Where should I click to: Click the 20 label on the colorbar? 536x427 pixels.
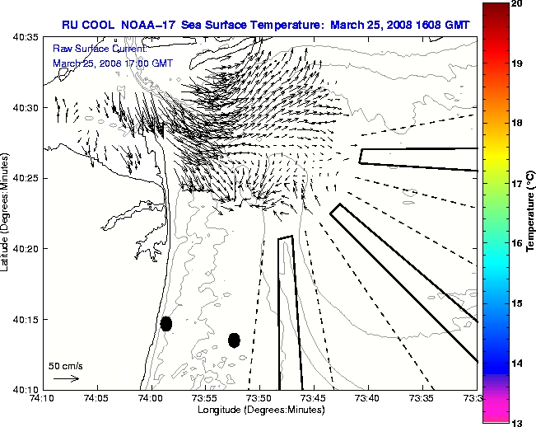coord(518,4)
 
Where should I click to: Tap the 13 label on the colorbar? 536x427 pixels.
coord(518,422)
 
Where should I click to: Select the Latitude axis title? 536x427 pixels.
coord(7,213)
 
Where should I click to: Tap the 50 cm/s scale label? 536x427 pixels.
coord(66,365)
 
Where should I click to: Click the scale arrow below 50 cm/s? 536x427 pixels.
coord(66,378)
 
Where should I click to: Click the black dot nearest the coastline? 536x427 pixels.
coord(166,323)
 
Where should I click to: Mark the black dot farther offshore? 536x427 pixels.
coord(234,340)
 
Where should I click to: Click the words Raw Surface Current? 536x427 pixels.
coord(90,49)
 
